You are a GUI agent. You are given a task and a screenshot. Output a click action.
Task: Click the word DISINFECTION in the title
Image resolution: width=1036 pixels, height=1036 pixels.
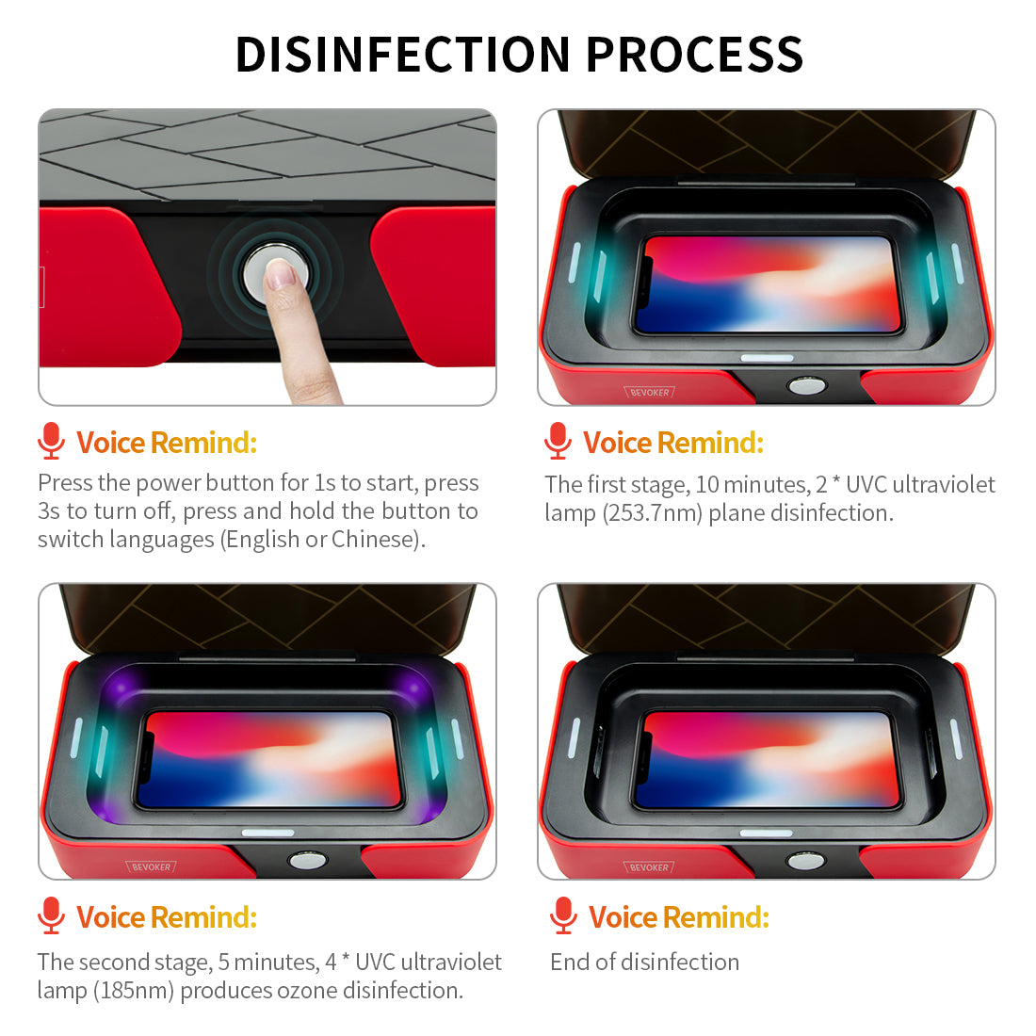coord(402,55)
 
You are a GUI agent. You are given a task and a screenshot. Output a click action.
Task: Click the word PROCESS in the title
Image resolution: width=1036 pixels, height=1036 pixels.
coord(694,55)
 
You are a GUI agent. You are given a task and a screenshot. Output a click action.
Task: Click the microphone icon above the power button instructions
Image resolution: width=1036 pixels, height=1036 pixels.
coord(51,441)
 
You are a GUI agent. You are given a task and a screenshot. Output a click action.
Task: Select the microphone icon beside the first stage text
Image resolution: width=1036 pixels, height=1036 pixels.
coord(558,441)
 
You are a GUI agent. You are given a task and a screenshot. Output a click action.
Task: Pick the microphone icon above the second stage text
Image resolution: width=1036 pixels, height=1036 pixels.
coord(51,915)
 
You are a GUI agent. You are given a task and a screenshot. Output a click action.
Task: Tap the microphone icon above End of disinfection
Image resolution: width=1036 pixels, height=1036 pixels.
coord(563,915)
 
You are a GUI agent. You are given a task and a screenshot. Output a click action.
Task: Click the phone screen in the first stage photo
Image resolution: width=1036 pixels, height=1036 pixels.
coord(767,284)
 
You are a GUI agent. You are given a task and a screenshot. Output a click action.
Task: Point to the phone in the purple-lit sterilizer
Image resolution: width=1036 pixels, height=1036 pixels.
coord(268,759)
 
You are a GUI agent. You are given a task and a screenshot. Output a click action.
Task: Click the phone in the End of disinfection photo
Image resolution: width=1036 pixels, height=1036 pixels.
coord(767,759)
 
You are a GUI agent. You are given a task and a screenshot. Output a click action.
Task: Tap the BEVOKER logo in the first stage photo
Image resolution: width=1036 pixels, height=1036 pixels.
coord(650,393)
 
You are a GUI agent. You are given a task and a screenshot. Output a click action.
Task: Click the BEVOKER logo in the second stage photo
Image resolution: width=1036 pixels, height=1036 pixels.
coord(152,866)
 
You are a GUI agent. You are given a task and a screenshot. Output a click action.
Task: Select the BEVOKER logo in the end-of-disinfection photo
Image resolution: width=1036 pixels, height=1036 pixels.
coord(650,866)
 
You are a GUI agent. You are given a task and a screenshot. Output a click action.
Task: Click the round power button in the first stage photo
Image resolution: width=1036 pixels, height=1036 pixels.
coord(806,386)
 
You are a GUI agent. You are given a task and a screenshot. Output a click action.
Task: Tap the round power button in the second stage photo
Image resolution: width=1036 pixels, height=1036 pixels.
coord(307,860)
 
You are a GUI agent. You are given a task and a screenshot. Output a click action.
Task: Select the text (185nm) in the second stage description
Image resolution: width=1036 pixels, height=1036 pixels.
coord(134,991)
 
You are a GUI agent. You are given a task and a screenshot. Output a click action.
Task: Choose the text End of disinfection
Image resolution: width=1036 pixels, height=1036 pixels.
coord(645,962)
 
